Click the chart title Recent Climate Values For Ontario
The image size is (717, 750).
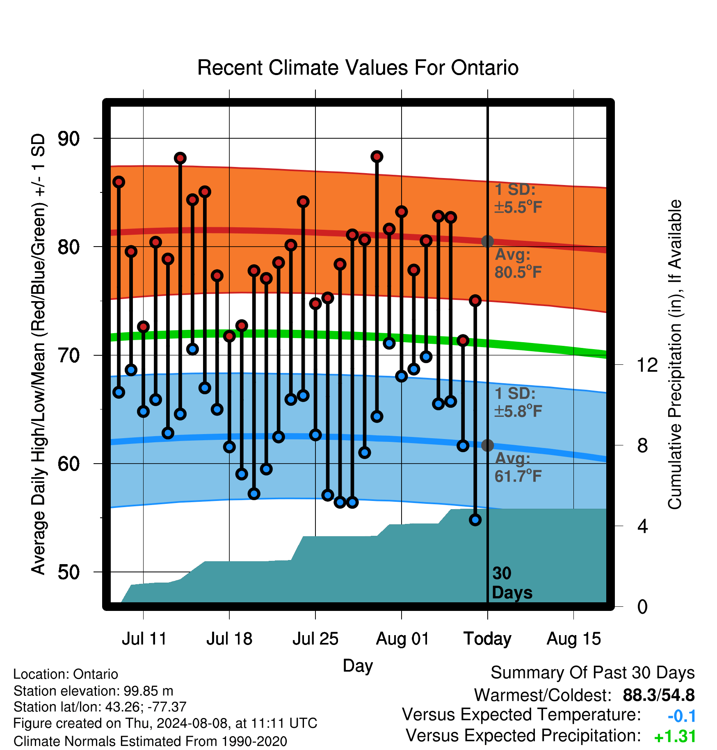pyautogui.click(x=358, y=68)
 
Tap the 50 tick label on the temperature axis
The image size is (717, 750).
pyautogui.click(x=69, y=572)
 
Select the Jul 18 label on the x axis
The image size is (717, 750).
pyautogui.click(x=229, y=639)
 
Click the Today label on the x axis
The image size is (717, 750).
pyautogui.click(x=487, y=639)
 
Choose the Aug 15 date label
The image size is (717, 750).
pyautogui.click(x=574, y=639)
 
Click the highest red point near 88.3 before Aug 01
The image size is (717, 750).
pyautogui.click(x=377, y=156)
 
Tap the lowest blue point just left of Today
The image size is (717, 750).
pyautogui.click(x=475, y=520)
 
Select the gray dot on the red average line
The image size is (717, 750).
pyautogui.click(x=487, y=241)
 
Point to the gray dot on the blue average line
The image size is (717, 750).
pyautogui.click(x=487, y=445)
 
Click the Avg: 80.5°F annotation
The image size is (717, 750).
pyautogui.click(x=518, y=263)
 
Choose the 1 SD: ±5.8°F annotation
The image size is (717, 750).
pyautogui.click(x=518, y=402)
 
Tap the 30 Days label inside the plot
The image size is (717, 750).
pyautogui.click(x=512, y=583)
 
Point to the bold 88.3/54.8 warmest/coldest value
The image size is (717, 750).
pyautogui.click(x=659, y=695)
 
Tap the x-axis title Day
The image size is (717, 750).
pyautogui.click(x=358, y=666)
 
